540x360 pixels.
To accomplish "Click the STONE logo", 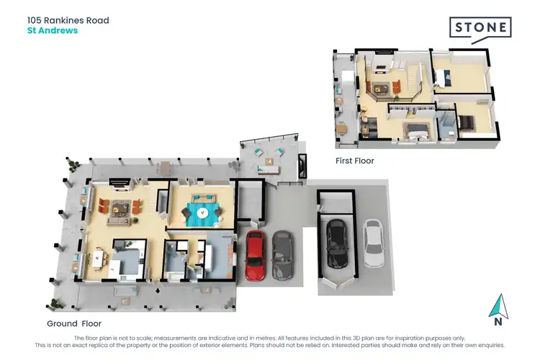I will (x=481, y=28).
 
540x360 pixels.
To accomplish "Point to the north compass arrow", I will (x=496, y=307).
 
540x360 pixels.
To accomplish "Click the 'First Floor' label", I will (x=355, y=161).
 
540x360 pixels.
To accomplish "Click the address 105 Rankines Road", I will (x=68, y=20).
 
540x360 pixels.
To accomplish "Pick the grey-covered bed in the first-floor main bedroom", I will (x=416, y=130).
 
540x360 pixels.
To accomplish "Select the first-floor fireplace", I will (x=382, y=53).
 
